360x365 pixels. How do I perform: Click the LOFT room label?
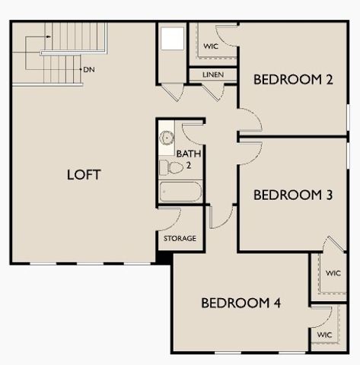coord(84,174)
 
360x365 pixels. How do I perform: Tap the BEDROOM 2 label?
coord(293,79)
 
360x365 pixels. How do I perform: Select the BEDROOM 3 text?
coord(293,195)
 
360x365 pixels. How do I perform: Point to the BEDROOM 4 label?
coord(241,303)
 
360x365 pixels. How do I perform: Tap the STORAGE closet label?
coord(180,239)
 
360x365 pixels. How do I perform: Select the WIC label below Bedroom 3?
coord(333,273)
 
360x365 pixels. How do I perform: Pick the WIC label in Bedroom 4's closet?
coord(324,334)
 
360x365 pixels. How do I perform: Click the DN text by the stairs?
coord(89,69)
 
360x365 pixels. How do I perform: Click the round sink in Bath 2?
coord(167,138)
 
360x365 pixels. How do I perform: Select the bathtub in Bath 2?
coord(180,191)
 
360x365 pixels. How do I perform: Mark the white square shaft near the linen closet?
coord(173,39)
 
